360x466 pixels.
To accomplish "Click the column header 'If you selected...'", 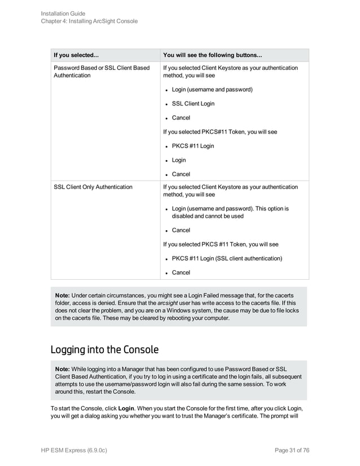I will coord(76,55).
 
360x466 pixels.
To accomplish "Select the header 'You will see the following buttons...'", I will coord(212,55).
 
